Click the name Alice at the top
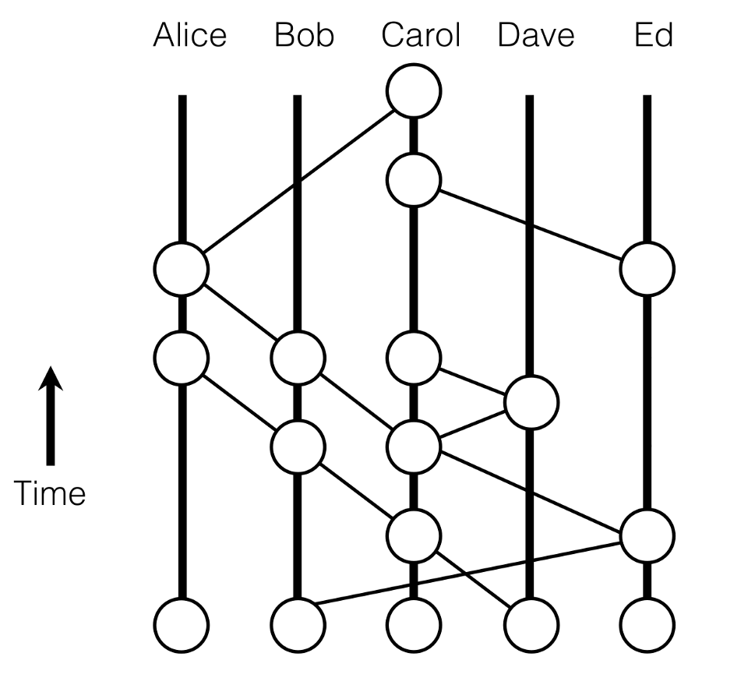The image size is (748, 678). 190,35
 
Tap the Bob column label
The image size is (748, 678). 305,35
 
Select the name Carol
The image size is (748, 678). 421,35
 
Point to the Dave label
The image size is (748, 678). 536,35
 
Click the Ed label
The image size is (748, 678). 654,35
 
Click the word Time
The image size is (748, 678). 50,493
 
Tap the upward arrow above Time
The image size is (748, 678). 51,415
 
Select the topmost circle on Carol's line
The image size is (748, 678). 414,91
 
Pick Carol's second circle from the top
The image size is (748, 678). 414,180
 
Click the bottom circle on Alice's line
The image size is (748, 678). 182,625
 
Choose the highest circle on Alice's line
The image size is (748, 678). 182,269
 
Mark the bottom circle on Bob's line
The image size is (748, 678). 298,625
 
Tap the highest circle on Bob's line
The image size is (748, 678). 298,358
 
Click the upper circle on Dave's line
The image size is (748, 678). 531,403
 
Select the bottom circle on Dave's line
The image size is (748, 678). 531,625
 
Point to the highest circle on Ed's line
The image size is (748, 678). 647,269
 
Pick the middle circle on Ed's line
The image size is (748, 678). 647,536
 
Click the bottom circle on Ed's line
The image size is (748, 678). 647,625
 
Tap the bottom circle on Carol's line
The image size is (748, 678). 414,625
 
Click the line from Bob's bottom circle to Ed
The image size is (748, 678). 468,574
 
